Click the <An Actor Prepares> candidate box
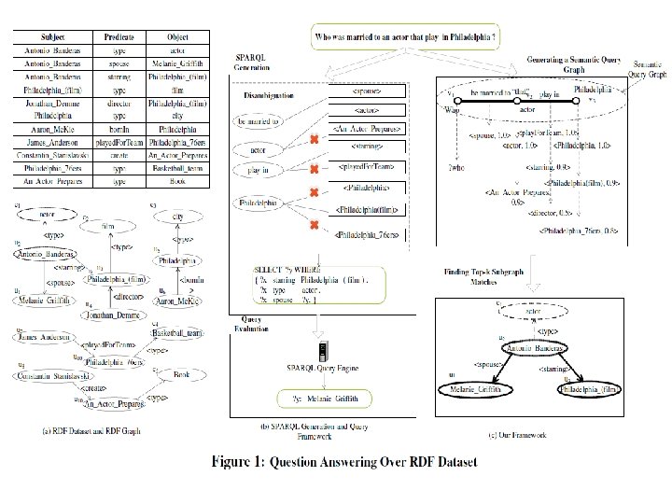(x=365, y=128)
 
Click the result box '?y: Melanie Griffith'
(x=320, y=397)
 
